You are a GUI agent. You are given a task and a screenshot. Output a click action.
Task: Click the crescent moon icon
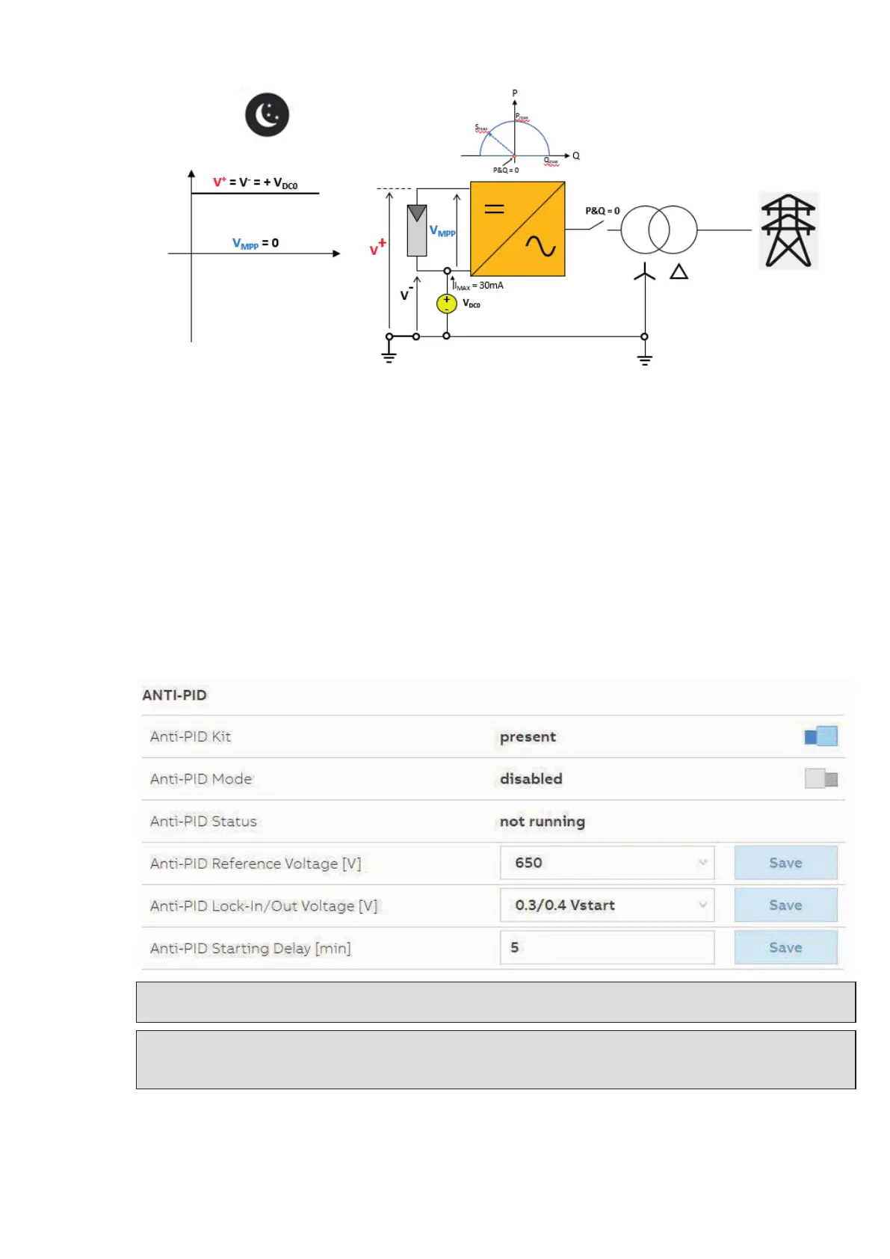267,114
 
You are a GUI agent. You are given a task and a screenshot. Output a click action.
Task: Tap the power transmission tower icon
788,230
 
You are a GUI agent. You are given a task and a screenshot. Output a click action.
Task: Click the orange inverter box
517,229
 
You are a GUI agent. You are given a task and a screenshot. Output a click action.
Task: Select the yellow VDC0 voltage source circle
447,303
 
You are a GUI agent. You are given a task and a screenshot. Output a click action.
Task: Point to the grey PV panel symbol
417,230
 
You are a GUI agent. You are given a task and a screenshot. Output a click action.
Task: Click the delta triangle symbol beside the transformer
679,271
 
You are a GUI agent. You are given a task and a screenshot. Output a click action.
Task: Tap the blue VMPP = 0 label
256,243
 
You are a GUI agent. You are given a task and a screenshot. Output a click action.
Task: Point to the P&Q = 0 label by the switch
602,211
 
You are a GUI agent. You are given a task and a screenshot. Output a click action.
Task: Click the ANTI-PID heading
174,695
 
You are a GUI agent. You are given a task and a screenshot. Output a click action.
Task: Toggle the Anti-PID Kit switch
821,736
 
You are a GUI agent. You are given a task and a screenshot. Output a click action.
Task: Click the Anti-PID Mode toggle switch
821,779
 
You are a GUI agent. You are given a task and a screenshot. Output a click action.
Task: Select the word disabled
531,779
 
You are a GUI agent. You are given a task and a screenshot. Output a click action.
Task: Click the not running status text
542,821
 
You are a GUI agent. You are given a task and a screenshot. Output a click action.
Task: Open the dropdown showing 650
607,863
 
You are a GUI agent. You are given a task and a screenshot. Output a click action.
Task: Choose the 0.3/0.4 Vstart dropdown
607,905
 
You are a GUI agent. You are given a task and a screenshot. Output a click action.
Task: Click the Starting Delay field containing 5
607,947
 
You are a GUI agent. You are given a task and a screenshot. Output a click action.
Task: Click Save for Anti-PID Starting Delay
785,947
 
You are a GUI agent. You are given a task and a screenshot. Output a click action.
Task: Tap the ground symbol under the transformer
644,360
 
